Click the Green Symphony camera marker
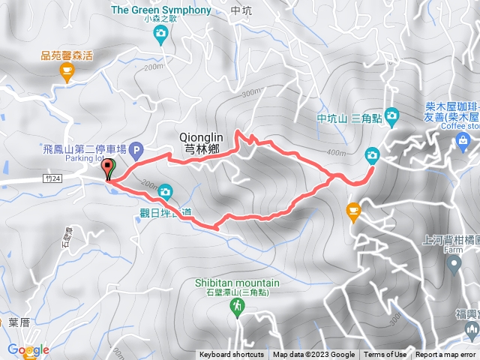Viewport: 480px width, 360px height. (160, 33)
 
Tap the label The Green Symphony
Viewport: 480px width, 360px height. (160, 10)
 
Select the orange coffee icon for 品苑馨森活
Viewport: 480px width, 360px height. (66, 71)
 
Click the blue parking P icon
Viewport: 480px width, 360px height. (136, 150)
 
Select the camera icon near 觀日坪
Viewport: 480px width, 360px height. (165, 191)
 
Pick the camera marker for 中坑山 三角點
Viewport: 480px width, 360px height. (392, 115)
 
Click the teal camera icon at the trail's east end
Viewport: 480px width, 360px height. (372, 155)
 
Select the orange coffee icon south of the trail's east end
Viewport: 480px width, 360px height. (353, 212)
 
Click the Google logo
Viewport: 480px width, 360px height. (28, 349)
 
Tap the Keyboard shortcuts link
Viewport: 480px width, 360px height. (232, 355)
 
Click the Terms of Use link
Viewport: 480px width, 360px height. (385, 355)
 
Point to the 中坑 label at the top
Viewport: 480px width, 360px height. (241, 11)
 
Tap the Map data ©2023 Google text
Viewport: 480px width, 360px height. (313, 355)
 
